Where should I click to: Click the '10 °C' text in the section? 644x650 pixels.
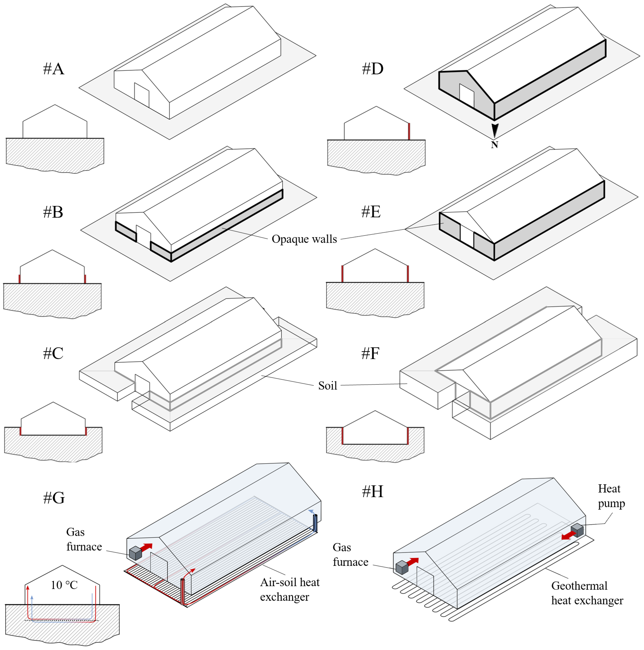tap(64, 585)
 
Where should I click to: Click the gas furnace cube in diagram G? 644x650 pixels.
tap(135, 553)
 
